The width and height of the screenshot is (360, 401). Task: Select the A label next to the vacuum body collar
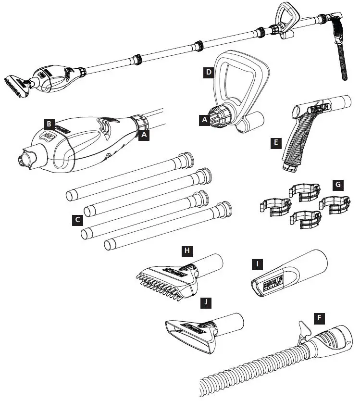click(x=143, y=135)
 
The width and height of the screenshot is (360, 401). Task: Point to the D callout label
click(x=208, y=73)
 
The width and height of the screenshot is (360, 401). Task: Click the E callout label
click(x=274, y=142)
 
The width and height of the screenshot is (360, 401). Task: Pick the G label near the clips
click(x=339, y=185)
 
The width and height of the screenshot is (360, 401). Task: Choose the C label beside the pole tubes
click(x=76, y=220)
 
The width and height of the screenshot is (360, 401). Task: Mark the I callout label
click(x=258, y=264)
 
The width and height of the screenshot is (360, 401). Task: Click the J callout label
click(x=206, y=302)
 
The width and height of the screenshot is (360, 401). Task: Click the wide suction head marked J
click(x=192, y=334)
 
